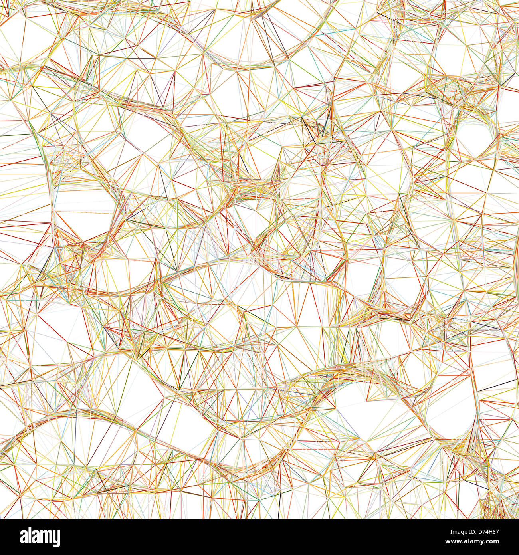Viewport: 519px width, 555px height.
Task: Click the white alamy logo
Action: click(x=40, y=537)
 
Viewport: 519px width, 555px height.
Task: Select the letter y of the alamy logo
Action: click(x=56, y=539)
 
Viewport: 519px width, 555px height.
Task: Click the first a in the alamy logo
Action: click(x=24, y=537)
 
